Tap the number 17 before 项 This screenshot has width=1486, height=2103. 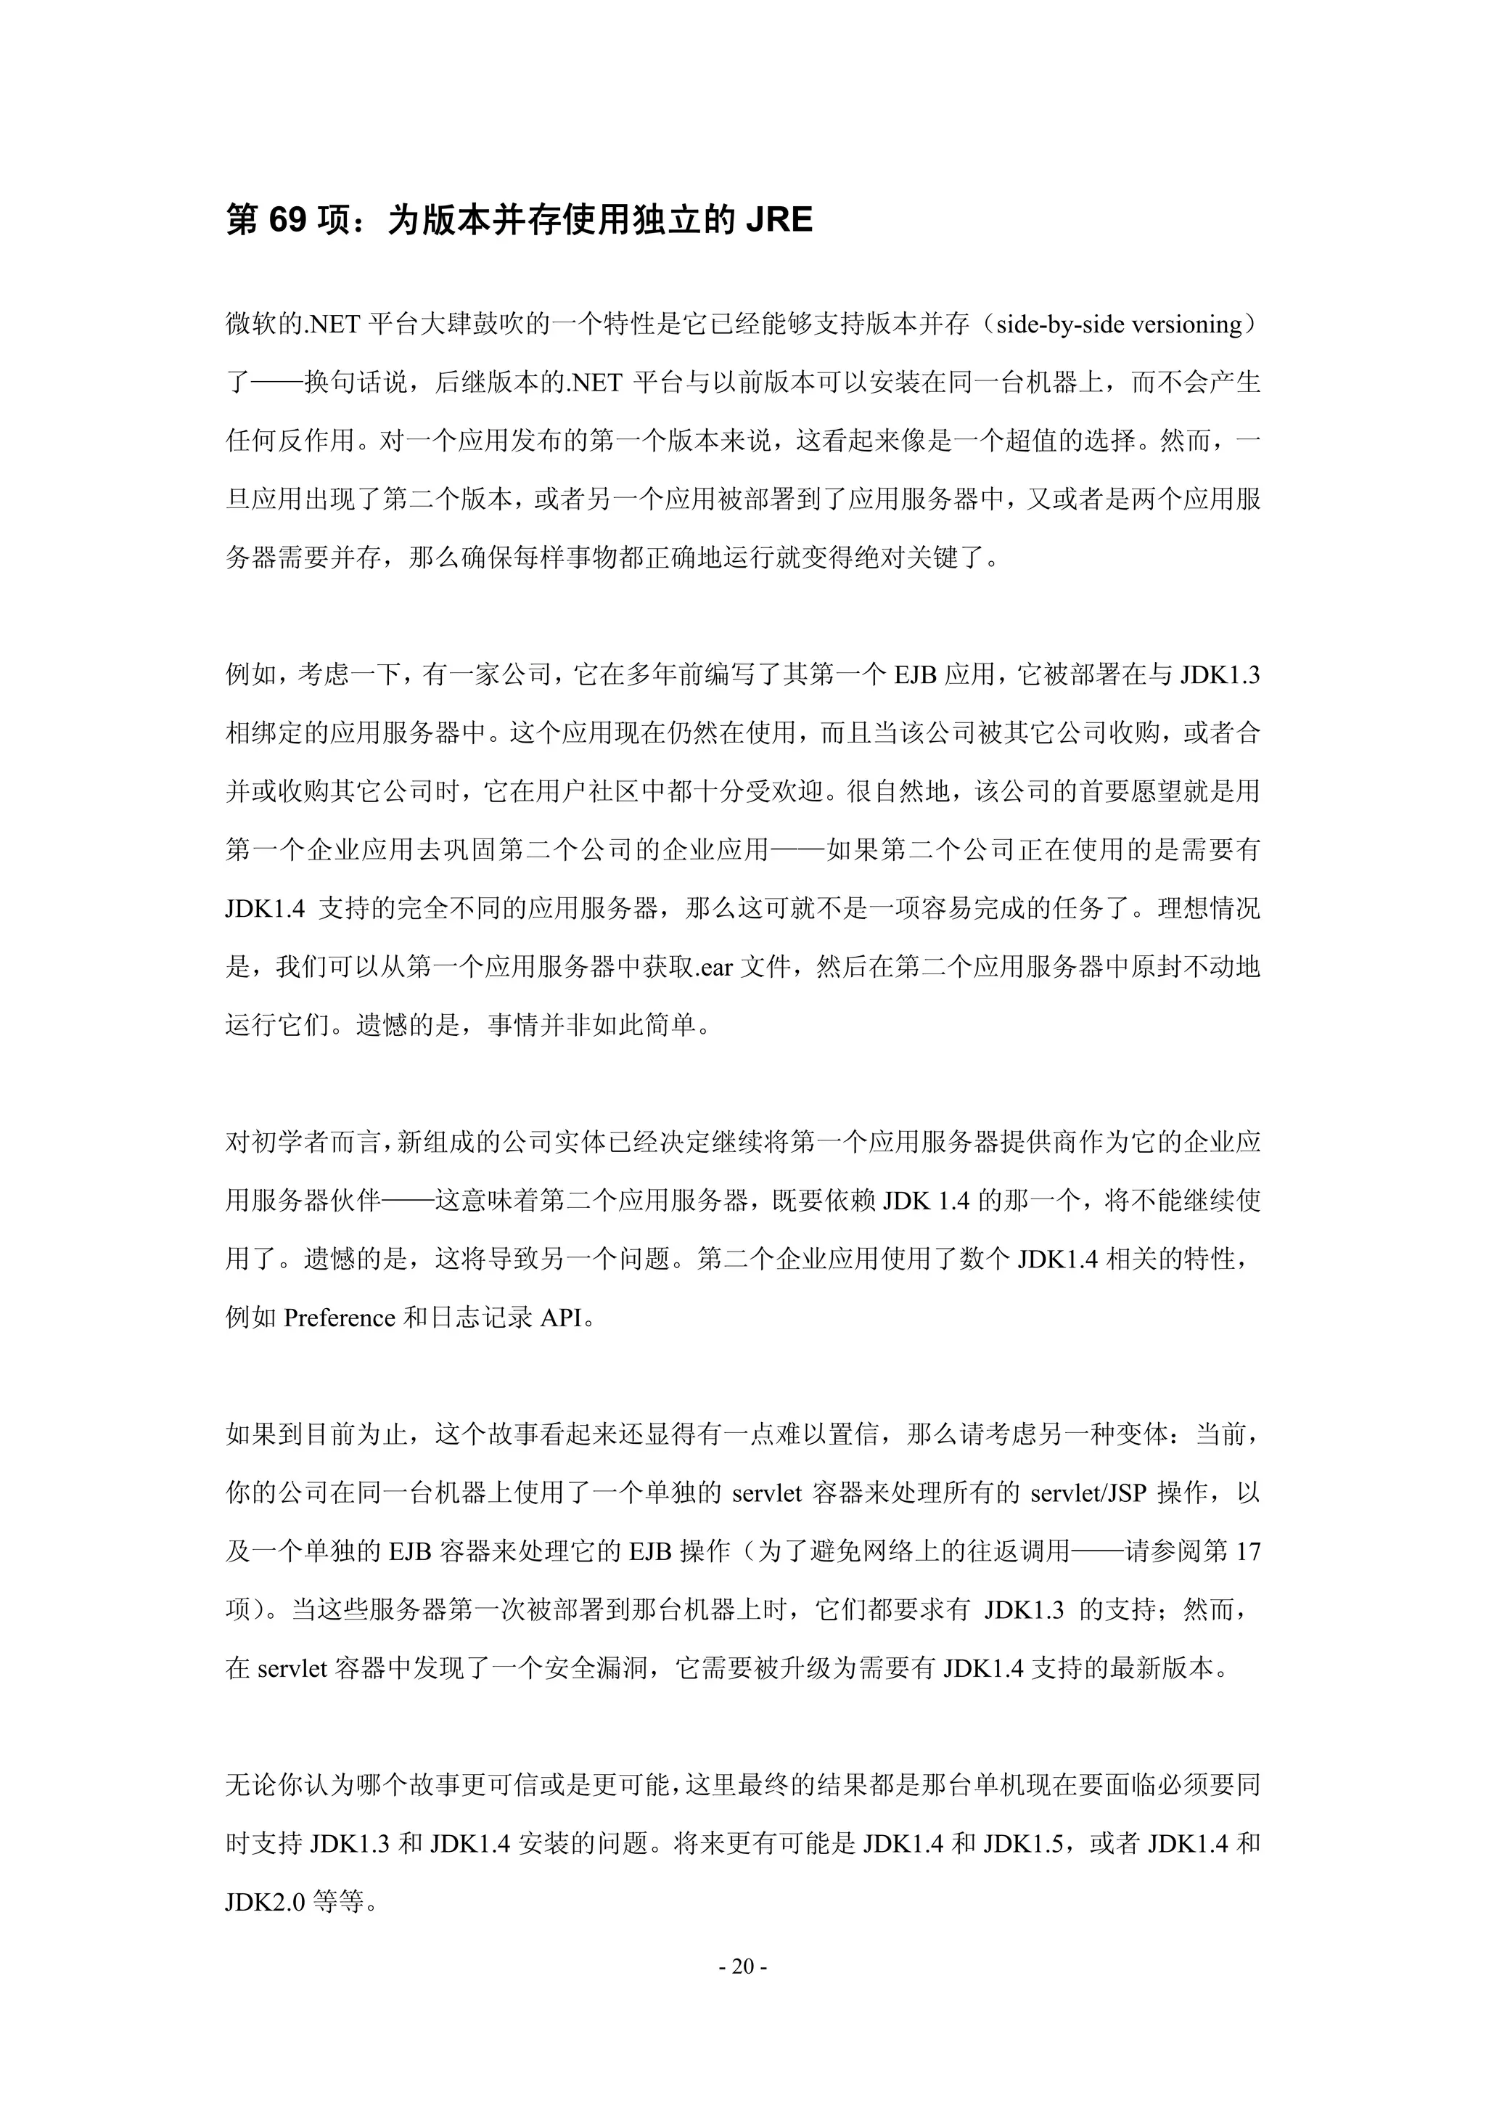[1248, 1551]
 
